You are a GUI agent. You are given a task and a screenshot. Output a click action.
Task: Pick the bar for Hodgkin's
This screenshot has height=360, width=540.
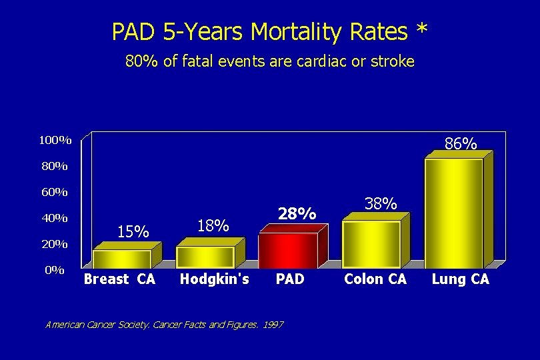205,257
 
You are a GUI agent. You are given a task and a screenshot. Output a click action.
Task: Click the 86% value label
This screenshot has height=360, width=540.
460,143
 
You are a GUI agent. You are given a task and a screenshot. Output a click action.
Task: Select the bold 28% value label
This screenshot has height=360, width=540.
297,214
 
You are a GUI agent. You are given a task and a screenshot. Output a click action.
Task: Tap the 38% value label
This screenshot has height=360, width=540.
381,203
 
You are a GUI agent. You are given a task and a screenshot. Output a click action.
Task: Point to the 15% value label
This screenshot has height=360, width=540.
133,231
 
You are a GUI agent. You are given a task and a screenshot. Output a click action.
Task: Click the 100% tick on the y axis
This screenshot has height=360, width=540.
55,140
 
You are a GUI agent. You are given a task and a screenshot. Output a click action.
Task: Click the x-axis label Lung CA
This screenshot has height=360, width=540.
460,279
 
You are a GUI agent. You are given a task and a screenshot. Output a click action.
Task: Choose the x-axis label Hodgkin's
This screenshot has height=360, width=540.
214,279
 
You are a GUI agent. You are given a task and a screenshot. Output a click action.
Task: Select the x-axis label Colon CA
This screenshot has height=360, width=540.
375,279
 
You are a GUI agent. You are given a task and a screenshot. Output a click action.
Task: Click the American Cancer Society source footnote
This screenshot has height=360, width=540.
164,325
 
